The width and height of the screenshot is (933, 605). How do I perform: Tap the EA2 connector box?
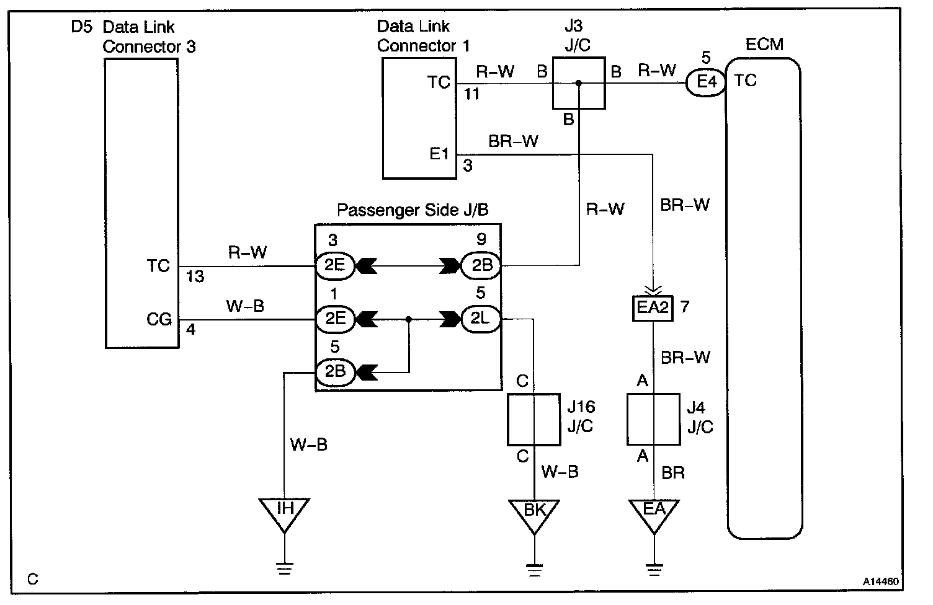click(653, 308)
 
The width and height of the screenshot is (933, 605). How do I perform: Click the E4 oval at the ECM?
click(706, 82)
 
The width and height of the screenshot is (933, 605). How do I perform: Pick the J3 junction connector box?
click(579, 83)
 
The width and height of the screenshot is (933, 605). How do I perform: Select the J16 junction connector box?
click(534, 420)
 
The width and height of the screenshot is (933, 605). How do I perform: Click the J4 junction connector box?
click(654, 420)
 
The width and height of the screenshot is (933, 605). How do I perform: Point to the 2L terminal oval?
click(481, 319)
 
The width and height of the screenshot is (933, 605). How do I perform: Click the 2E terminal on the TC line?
click(335, 265)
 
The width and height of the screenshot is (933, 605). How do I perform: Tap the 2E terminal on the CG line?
click(335, 319)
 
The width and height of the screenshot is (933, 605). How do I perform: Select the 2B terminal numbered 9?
click(481, 265)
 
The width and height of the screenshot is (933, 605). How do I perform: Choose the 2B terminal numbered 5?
click(335, 371)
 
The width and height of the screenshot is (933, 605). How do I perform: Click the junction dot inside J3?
click(579, 83)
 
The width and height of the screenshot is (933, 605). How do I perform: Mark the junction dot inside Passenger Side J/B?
click(409, 319)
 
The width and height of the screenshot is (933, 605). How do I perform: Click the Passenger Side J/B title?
click(413, 210)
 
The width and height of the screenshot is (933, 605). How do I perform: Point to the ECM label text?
click(764, 44)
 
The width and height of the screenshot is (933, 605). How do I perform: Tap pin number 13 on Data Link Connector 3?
click(195, 276)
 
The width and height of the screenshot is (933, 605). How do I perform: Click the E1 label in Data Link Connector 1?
click(439, 154)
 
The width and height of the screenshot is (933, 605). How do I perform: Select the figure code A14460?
click(880, 581)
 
